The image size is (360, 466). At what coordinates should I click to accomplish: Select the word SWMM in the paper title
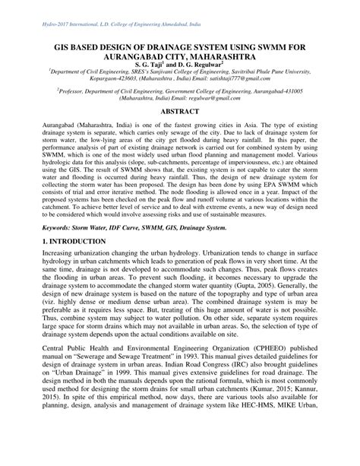(265, 46)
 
